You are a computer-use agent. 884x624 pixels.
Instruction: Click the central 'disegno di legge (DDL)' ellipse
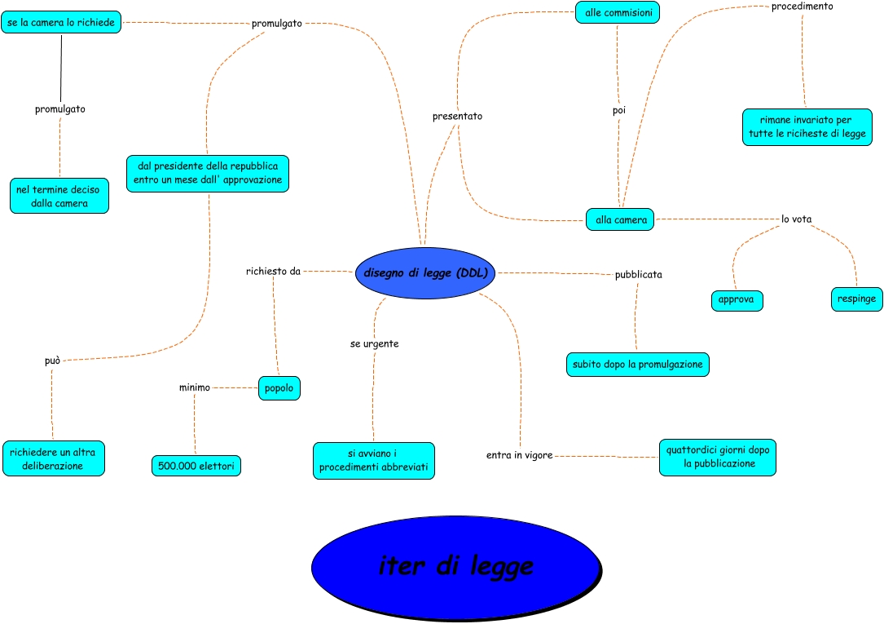pyautogui.click(x=425, y=273)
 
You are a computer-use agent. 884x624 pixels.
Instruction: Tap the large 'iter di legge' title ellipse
pyautogui.click(x=456, y=568)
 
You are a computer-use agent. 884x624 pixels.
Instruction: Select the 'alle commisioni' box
pyautogui.click(x=618, y=12)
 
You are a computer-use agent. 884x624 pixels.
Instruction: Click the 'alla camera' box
pyautogui.click(x=620, y=219)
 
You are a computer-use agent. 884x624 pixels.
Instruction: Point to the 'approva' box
pyautogui.click(x=737, y=300)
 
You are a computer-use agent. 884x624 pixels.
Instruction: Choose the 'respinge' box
pyautogui.click(x=856, y=299)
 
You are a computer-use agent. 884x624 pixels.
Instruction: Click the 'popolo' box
pyautogui.click(x=279, y=388)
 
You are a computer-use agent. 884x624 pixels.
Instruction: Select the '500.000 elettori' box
pyautogui.click(x=196, y=466)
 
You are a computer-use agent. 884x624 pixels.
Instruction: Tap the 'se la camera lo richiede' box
pyautogui.click(x=61, y=23)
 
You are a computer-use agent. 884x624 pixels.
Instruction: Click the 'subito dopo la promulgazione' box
pyautogui.click(x=638, y=365)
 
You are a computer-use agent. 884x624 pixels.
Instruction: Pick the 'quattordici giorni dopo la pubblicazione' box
pyautogui.click(x=718, y=458)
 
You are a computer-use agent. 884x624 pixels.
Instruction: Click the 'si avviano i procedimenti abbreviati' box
pyautogui.click(x=374, y=461)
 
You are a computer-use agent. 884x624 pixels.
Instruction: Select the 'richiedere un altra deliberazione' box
pyautogui.click(x=54, y=458)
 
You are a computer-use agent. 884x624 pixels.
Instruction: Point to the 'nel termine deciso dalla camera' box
pyautogui.click(x=59, y=196)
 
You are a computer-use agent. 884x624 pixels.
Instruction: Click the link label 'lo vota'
pyautogui.click(x=796, y=219)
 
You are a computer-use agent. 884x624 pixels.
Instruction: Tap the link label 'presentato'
pyautogui.click(x=457, y=116)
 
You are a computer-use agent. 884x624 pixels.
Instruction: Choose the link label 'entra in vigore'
pyautogui.click(x=519, y=455)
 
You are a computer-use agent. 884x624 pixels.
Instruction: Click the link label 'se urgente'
pyautogui.click(x=374, y=343)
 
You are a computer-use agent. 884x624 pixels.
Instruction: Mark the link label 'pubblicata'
pyautogui.click(x=638, y=275)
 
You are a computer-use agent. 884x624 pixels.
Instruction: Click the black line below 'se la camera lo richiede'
pyautogui.click(x=61, y=69)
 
